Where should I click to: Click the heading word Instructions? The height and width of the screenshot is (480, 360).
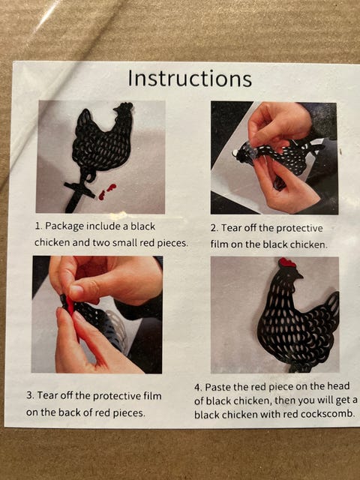click(x=190, y=78)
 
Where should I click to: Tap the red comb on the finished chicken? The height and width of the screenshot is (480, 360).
click(x=286, y=262)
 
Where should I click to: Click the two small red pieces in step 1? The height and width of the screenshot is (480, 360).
click(x=106, y=192)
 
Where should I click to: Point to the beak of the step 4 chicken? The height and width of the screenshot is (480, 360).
click(x=300, y=276)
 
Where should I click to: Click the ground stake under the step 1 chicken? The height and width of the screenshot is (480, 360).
click(x=77, y=196)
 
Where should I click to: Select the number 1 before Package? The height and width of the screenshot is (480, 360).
click(x=38, y=226)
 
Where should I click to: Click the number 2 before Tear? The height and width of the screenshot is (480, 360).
click(x=214, y=228)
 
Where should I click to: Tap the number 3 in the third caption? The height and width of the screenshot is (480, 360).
click(x=30, y=395)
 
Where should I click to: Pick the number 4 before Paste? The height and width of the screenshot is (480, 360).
click(x=198, y=387)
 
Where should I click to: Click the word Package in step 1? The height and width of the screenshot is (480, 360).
click(x=64, y=226)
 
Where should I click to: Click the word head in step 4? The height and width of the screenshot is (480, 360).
click(x=338, y=385)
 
